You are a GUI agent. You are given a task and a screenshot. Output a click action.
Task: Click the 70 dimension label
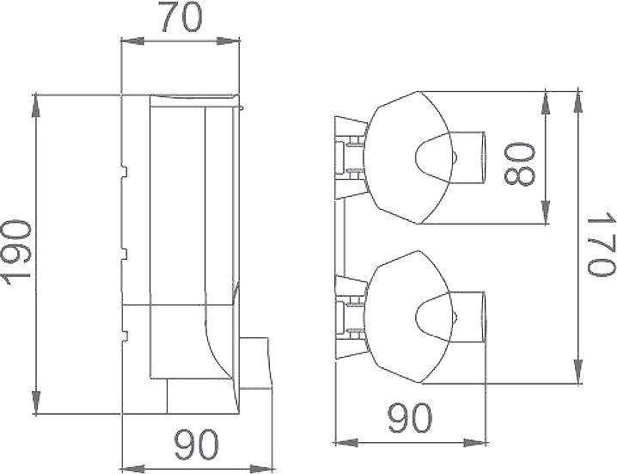click(182, 18)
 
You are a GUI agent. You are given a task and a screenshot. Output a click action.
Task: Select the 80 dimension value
click(519, 164)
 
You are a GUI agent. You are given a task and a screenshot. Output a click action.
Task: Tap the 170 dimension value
click(601, 244)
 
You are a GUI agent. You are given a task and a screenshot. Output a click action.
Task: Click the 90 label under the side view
click(197, 445)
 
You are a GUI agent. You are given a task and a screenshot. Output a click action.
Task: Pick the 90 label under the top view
click(410, 417)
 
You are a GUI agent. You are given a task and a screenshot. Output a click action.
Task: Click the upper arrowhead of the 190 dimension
click(36, 106)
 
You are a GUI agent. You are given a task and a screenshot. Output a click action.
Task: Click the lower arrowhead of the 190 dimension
click(36, 403)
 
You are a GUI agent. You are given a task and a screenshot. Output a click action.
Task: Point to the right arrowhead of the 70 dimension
click(229, 40)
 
